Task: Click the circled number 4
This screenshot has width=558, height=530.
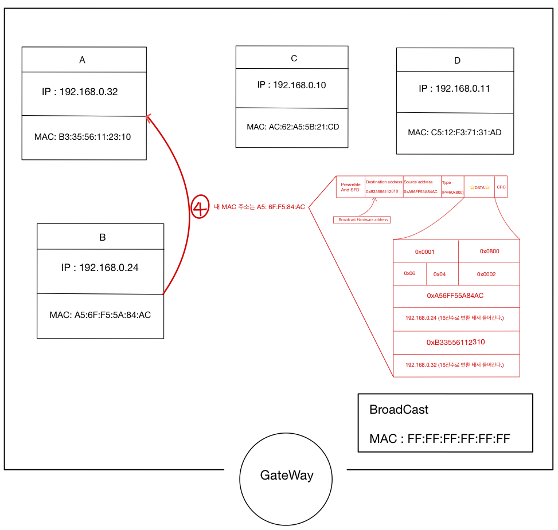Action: (x=200, y=207)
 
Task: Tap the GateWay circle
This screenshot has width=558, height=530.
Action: (x=286, y=476)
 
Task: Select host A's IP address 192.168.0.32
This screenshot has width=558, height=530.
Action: (x=80, y=92)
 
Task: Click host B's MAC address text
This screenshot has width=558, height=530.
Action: (x=100, y=315)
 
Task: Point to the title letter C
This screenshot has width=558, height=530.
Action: (x=294, y=58)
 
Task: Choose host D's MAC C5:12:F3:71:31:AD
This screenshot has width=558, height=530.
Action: (x=455, y=132)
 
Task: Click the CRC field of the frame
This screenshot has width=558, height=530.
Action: (x=501, y=187)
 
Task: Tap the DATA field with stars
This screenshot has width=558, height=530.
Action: (x=479, y=187)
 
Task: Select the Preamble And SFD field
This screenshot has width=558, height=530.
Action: (x=350, y=187)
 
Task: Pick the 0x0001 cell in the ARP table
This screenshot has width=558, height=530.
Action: (x=425, y=252)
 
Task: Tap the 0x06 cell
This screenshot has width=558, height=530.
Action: (x=409, y=273)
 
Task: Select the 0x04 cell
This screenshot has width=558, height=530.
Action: (x=440, y=274)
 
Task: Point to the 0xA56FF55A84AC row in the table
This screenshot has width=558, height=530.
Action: (x=455, y=296)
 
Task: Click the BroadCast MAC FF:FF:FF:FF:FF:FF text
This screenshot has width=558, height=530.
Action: (x=440, y=439)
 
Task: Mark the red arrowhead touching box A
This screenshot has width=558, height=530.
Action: (x=149, y=117)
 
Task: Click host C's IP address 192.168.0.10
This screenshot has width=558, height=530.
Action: (x=291, y=85)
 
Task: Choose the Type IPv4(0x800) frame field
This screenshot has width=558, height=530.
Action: (x=452, y=187)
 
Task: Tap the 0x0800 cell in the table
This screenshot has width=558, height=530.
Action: (x=490, y=251)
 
